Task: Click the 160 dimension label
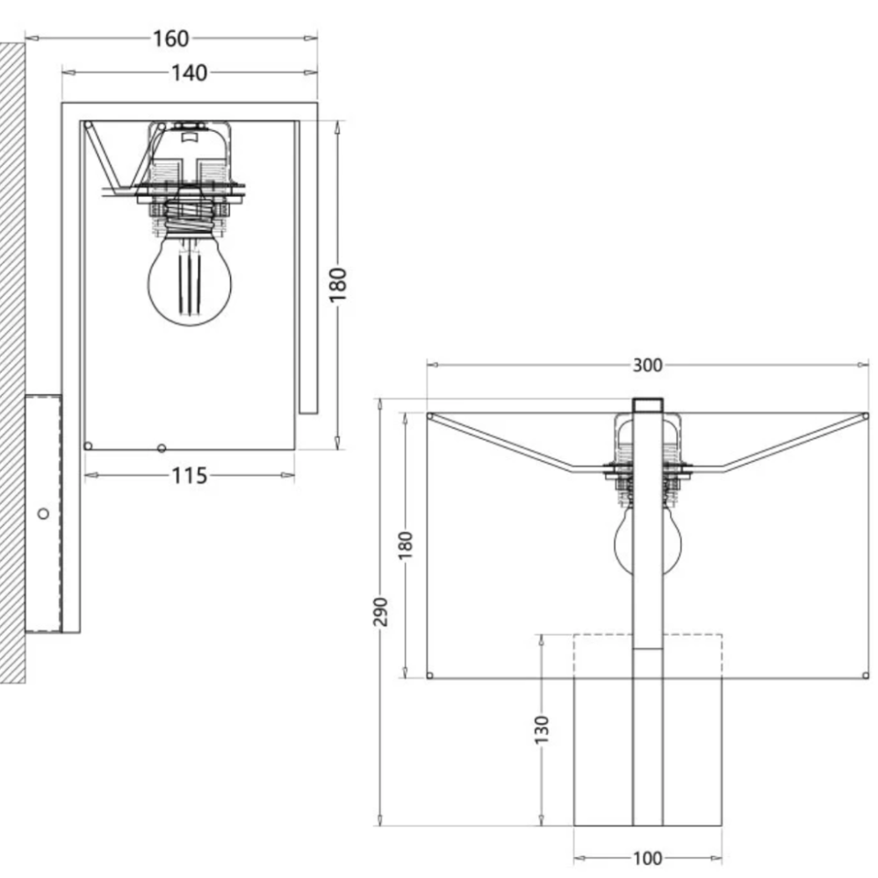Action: click(x=171, y=39)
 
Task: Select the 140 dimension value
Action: click(x=190, y=73)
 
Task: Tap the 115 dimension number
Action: click(x=190, y=476)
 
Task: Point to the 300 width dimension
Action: click(x=647, y=365)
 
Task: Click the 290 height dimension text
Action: click(x=381, y=612)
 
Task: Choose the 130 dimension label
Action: click(x=542, y=730)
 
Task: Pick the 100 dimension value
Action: click(x=647, y=859)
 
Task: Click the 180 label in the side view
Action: click(x=338, y=285)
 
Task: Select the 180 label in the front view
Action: click(x=406, y=545)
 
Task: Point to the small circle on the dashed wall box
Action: click(x=43, y=514)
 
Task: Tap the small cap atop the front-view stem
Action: click(x=648, y=406)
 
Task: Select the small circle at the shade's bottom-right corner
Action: click(x=865, y=675)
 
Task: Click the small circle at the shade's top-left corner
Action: click(x=430, y=416)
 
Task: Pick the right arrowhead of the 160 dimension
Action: click(x=310, y=39)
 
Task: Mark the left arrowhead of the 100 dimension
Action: click(x=580, y=859)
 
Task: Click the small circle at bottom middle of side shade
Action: click(x=162, y=448)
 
